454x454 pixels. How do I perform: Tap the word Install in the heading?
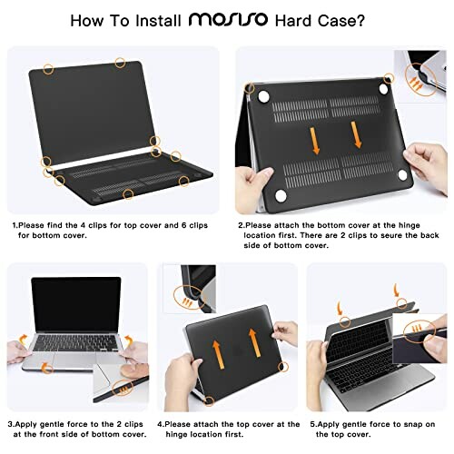153,19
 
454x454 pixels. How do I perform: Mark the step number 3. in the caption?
12,423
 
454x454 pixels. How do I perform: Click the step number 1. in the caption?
14,223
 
